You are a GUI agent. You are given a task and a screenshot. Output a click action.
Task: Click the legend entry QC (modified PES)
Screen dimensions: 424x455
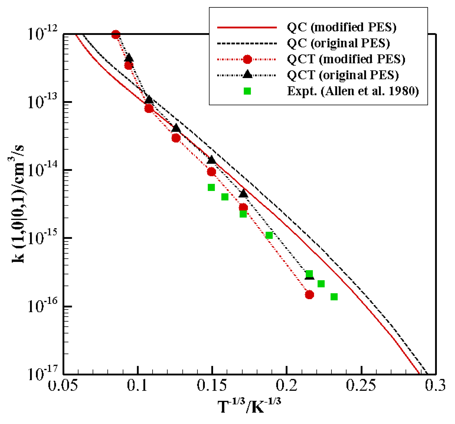(341, 27)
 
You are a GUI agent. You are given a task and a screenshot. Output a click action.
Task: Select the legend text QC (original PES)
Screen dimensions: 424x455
(338, 43)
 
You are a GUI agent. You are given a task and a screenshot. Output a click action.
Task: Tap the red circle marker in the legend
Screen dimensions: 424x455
(247, 59)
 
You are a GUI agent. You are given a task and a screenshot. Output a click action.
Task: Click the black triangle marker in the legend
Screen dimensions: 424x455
(247, 75)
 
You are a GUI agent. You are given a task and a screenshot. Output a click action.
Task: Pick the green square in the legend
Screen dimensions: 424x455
(247, 91)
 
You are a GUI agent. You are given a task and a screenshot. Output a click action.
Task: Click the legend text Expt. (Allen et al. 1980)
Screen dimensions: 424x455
(353, 91)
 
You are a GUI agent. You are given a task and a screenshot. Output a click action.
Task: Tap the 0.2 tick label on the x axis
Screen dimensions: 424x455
(287, 385)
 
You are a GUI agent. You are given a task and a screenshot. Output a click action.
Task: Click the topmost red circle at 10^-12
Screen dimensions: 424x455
(116, 35)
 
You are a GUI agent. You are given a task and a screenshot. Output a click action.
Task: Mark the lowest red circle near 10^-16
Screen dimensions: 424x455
(309, 295)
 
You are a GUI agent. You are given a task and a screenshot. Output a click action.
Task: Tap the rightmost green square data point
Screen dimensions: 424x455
(334, 297)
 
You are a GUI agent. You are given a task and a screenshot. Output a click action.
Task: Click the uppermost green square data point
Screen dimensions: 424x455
(211, 188)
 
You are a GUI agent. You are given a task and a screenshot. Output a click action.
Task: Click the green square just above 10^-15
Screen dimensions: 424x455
(269, 235)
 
